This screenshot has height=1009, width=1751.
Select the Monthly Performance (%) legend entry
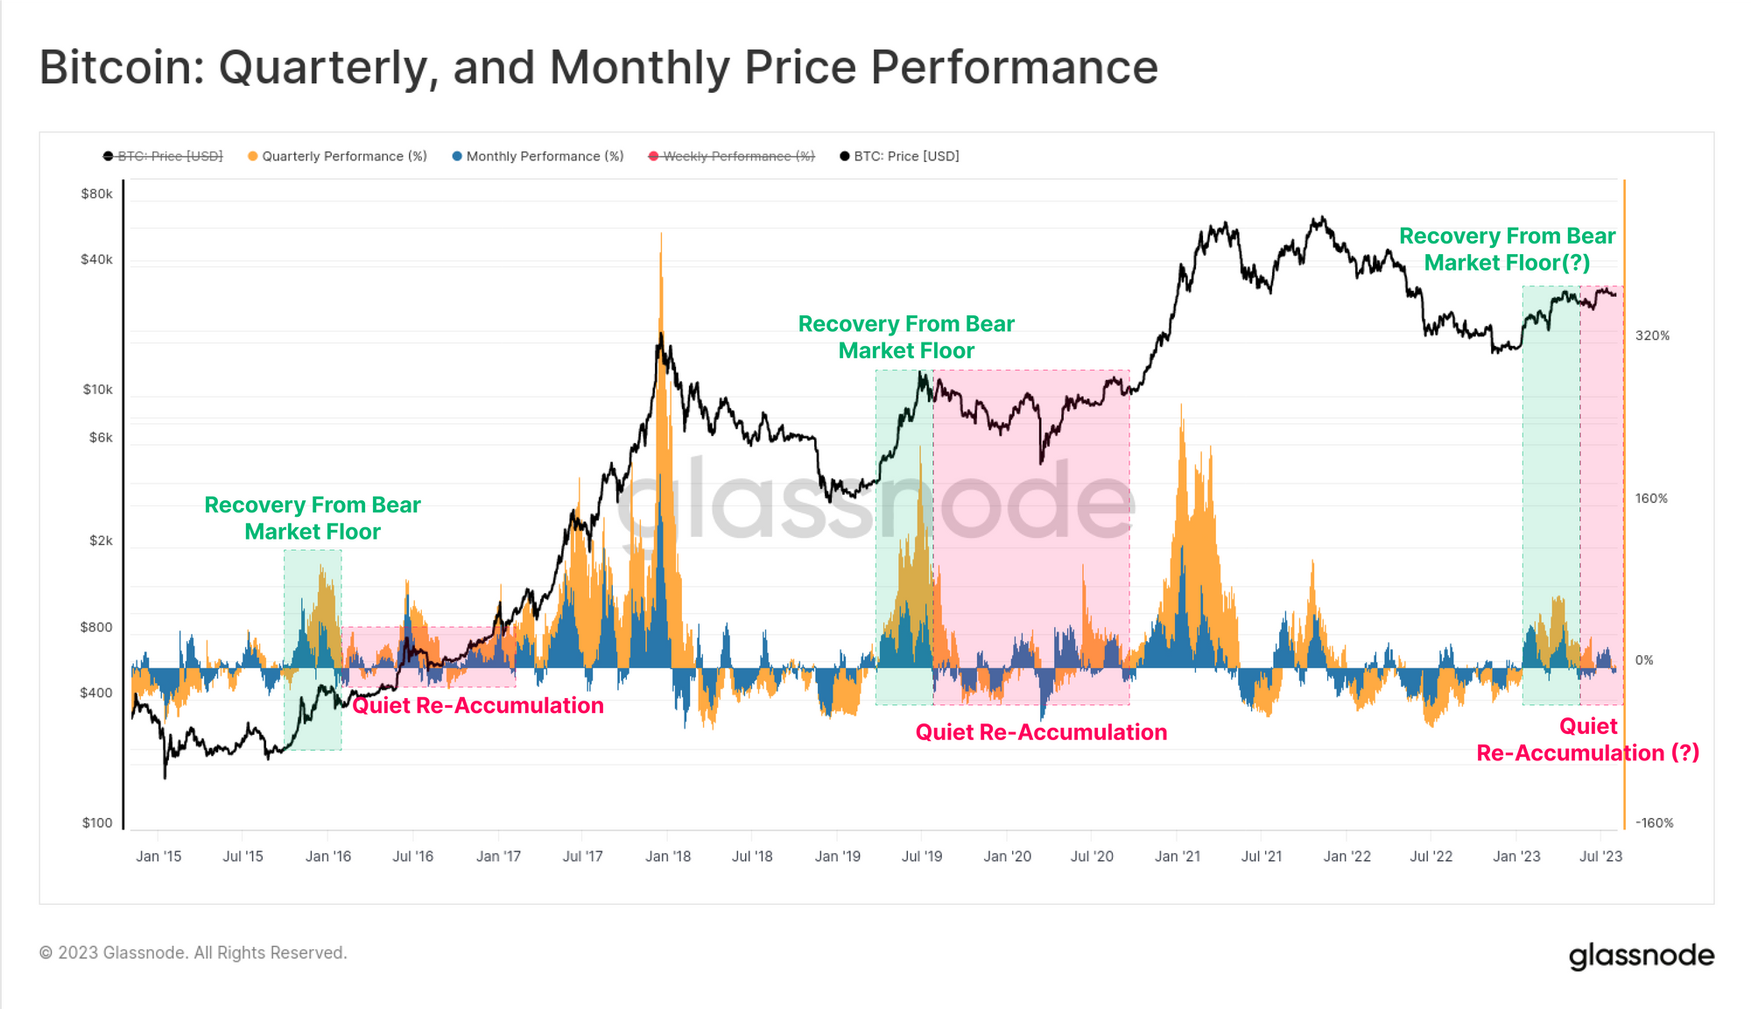544,156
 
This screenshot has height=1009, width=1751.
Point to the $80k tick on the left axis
96,194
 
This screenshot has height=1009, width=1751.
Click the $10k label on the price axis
97,389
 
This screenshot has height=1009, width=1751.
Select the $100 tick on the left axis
97,822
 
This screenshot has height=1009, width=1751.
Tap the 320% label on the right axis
1652,335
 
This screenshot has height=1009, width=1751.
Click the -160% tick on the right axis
1654,822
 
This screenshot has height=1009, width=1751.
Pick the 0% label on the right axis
1644,660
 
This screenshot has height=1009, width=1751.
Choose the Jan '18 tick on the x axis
668,856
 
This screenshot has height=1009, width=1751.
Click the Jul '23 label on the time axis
1600,856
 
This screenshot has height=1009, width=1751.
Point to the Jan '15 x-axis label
158,856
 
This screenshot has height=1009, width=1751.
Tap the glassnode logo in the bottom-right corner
1641,955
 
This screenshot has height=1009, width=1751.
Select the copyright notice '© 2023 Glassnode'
193,952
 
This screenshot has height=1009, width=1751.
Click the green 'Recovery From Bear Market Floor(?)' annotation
1507,250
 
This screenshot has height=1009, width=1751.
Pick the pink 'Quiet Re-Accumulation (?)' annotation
1587,740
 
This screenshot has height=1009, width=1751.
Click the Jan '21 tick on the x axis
1178,856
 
